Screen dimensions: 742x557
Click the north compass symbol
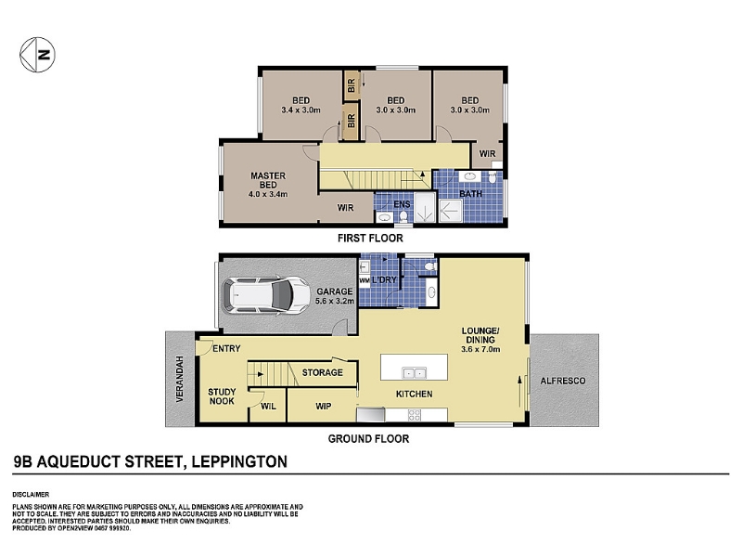point(37,55)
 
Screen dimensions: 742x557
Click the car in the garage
point(266,294)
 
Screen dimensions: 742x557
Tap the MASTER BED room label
point(268,180)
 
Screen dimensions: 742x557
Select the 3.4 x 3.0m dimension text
point(301,110)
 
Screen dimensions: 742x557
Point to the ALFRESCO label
point(563,381)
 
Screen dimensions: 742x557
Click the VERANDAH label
point(180,380)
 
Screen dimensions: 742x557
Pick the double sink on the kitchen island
point(414,373)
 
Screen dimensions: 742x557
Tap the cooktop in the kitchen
point(415,415)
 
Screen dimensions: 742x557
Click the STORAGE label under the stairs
point(323,373)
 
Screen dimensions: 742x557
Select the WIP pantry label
point(324,407)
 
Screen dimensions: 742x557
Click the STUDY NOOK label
point(222,396)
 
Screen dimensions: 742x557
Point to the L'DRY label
point(384,280)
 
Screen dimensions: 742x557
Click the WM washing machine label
point(365,280)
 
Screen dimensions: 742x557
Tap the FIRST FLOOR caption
point(370,239)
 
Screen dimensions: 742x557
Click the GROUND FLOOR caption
point(368,439)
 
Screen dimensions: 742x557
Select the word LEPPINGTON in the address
point(239,461)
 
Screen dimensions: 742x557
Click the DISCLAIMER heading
point(31,495)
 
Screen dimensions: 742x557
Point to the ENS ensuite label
point(403,204)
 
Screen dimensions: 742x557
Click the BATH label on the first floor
point(471,194)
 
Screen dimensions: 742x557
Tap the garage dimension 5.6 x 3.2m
point(335,301)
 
